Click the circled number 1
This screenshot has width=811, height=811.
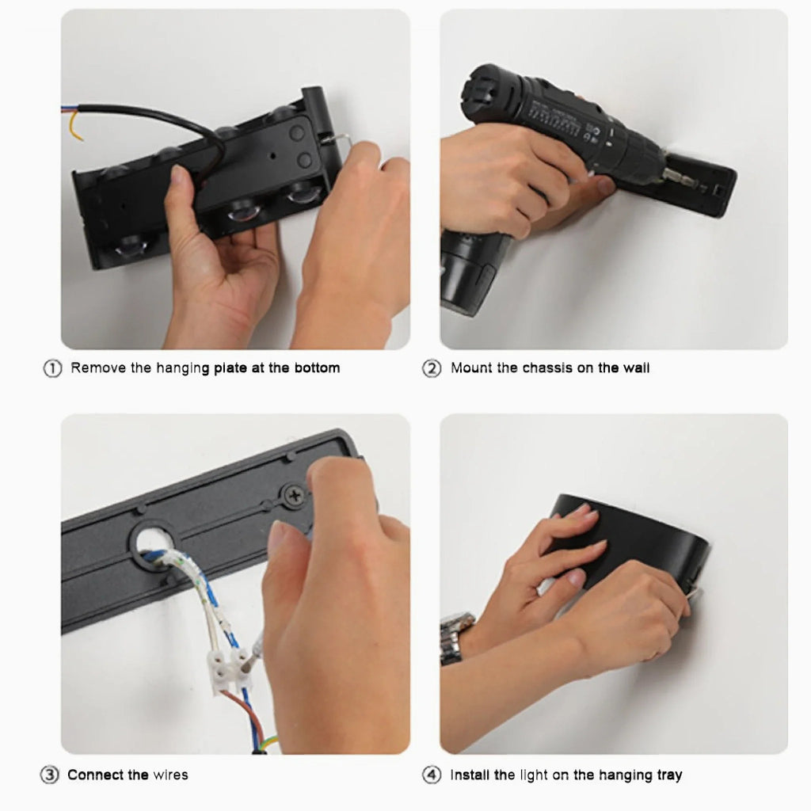click(x=52, y=368)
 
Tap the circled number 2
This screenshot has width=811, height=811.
click(x=432, y=368)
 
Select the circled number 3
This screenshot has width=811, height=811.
click(x=50, y=775)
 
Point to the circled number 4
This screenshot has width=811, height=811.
click(x=432, y=775)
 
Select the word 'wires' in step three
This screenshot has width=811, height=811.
click(x=171, y=775)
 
